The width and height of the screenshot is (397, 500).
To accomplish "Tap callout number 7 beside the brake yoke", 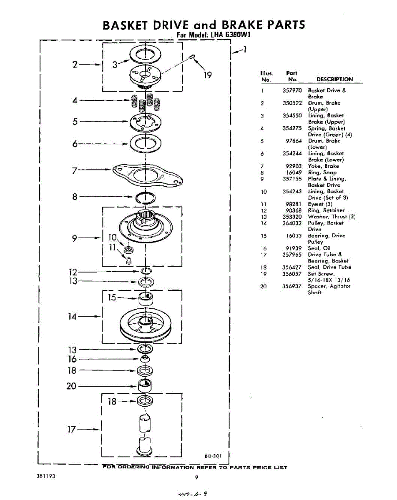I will pyautogui.click(x=75, y=170).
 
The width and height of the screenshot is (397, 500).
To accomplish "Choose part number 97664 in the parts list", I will pyautogui.click(x=294, y=141).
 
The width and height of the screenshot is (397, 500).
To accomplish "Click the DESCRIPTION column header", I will pyautogui.click(x=334, y=79).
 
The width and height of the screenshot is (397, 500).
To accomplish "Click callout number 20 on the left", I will pyautogui.click(x=71, y=386).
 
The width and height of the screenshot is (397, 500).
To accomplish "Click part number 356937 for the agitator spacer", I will pyautogui.click(x=292, y=286).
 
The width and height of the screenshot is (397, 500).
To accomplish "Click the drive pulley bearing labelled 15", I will pyautogui.click(x=145, y=298).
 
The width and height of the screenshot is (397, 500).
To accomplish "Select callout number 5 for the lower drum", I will pyautogui.click(x=75, y=122).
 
